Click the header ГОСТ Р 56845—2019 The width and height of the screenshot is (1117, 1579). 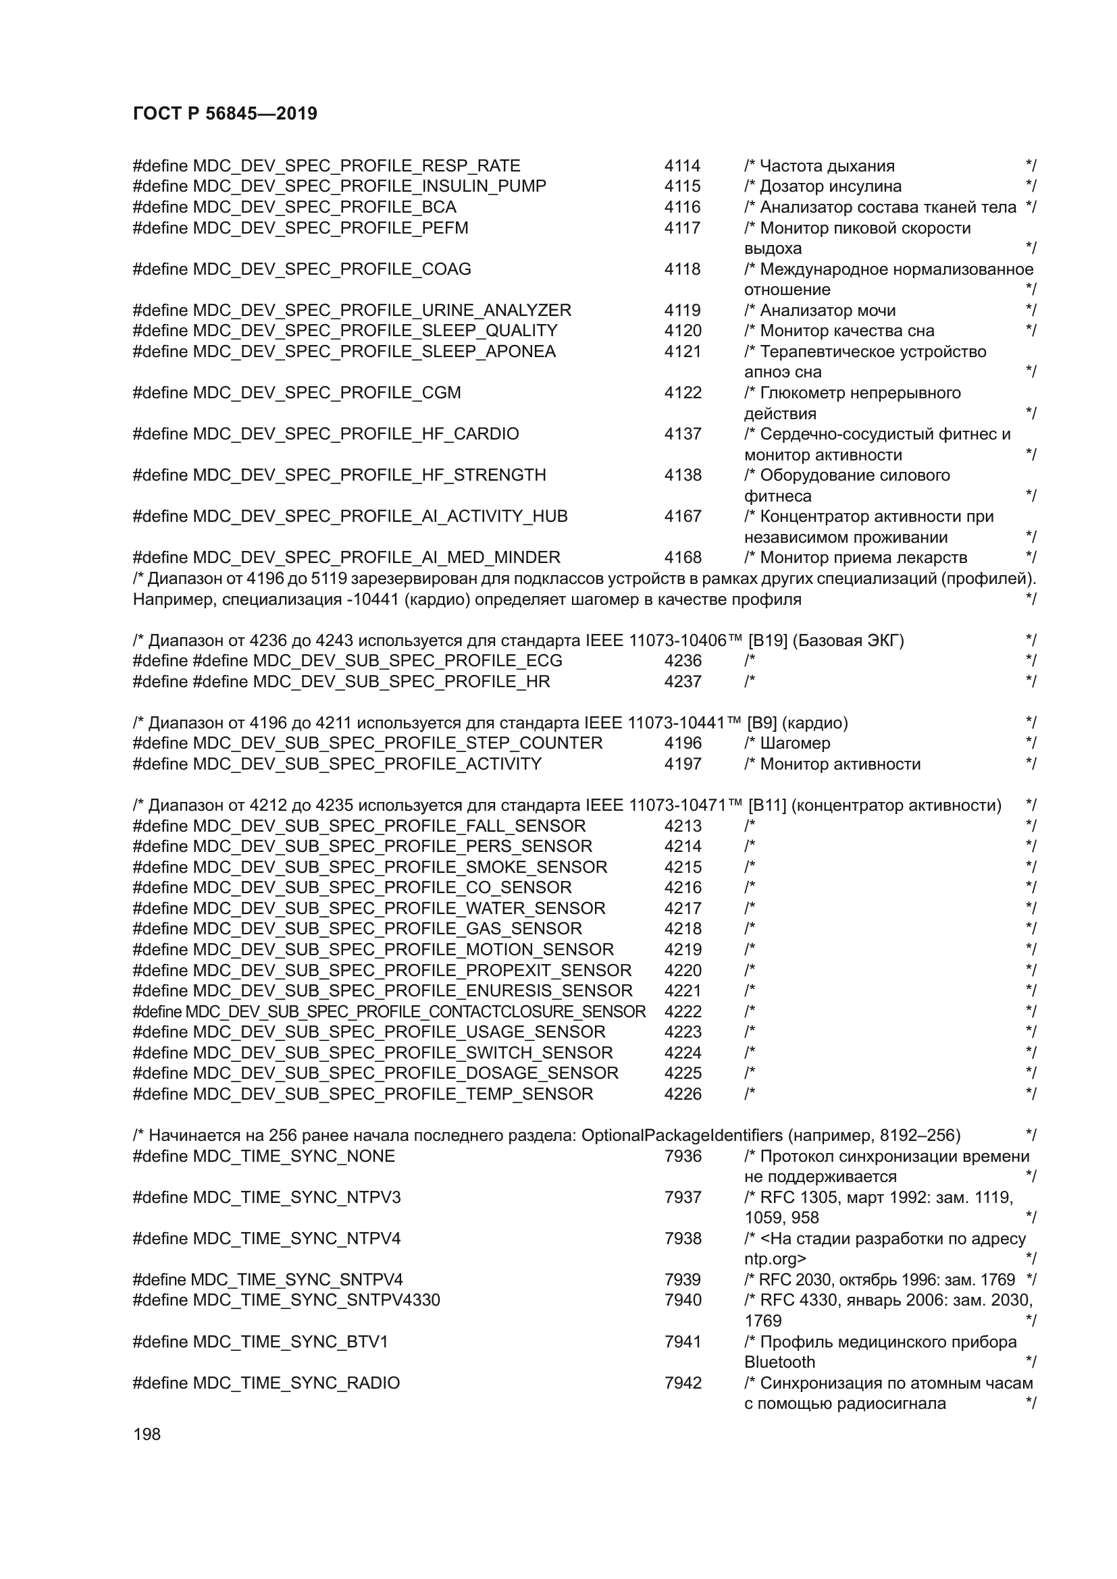tap(225, 113)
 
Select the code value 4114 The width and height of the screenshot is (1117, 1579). tap(681, 166)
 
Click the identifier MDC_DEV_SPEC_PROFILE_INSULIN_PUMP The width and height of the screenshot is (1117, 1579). tap(369, 186)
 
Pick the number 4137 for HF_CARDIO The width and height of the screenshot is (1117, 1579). tap(682, 434)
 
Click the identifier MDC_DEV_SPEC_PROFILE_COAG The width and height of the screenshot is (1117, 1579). tap(332, 269)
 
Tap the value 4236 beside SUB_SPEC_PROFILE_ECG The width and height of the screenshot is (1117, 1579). tap(682, 661)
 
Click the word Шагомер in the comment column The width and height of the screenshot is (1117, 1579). tap(795, 743)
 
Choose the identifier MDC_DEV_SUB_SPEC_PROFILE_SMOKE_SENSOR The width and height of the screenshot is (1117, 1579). tap(400, 867)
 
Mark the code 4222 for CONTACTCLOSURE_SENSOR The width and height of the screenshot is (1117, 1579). tap(682, 1012)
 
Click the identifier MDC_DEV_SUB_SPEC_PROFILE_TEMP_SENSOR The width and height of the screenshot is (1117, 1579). tap(392, 1094)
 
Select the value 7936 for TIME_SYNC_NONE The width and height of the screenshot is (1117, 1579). tap(682, 1156)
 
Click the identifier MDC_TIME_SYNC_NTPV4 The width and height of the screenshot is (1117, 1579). tap(296, 1239)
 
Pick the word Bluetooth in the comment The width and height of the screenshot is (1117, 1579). tap(779, 1362)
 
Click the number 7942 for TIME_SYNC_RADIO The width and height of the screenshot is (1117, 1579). tap(682, 1383)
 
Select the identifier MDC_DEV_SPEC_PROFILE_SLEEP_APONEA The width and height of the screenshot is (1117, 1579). tap(374, 352)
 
